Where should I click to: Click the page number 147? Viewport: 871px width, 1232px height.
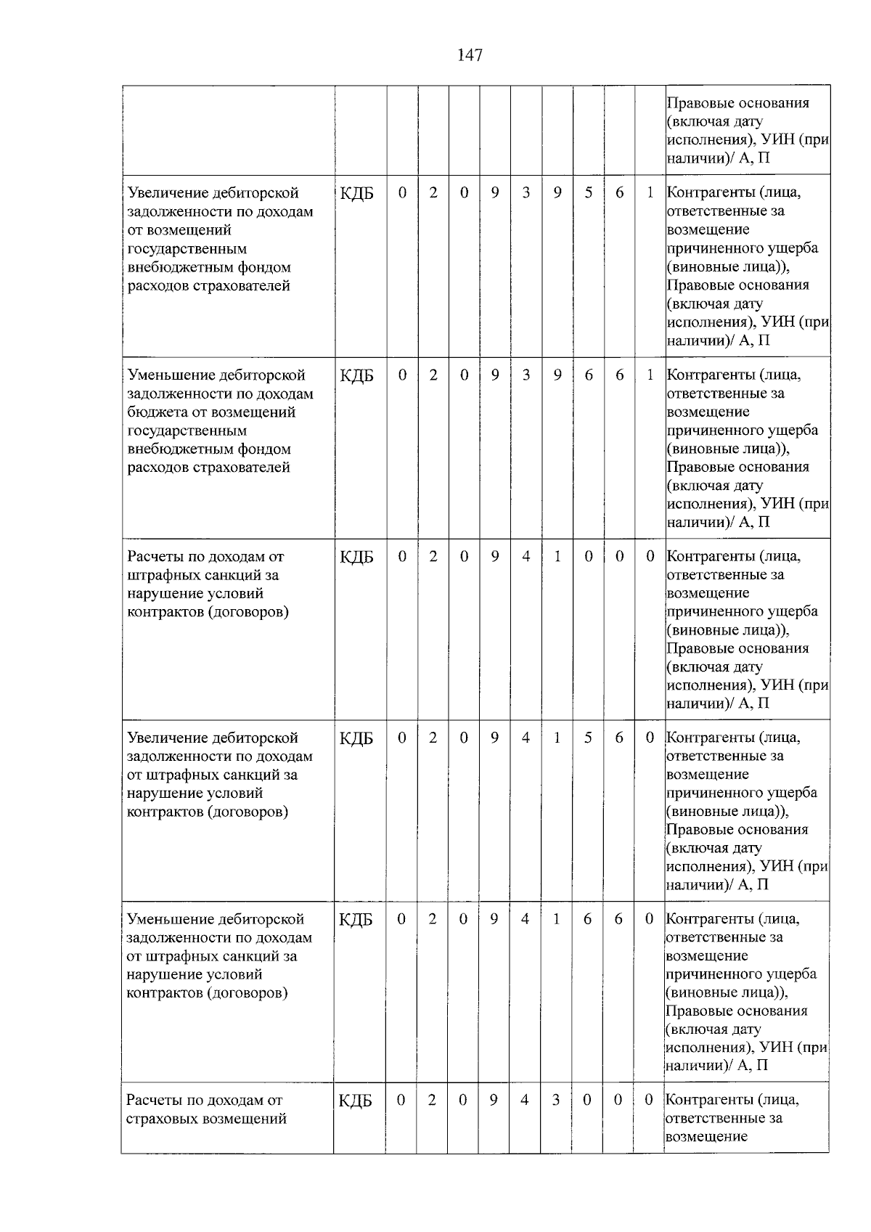[470, 55]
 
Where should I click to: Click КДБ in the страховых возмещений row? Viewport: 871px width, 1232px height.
[356, 1101]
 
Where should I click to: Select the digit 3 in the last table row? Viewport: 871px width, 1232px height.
[555, 1100]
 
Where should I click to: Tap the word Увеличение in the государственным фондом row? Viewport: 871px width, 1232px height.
[167, 193]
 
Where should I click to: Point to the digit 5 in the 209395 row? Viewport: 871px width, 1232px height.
[589, 192]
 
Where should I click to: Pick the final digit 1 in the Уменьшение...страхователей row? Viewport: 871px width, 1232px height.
[650, 375]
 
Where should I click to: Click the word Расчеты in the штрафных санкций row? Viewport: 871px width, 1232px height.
[154, 557]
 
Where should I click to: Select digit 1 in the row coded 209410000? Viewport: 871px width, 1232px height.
[557, 556]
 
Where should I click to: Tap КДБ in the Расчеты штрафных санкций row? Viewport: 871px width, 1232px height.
[356, 557]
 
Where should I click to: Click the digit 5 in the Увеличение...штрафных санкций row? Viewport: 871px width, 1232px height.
[588, 738]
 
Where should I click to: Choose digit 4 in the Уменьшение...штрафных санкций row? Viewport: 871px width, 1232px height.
[525, 918]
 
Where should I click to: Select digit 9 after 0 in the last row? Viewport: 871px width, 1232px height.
[494, 1100]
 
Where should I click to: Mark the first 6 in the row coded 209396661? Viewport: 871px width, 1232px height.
[589, 375]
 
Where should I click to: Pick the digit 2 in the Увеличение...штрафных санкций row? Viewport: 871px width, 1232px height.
[433, 738]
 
